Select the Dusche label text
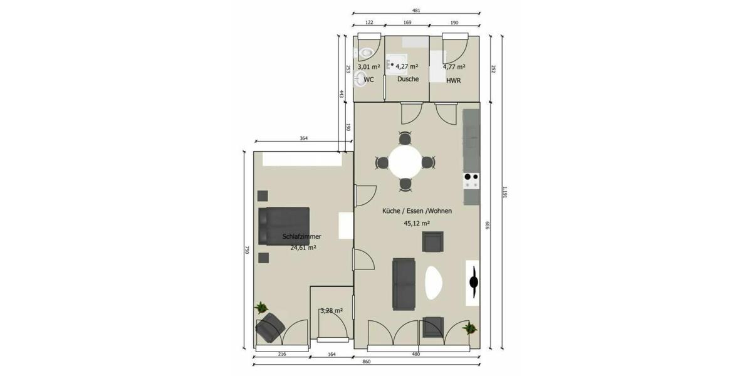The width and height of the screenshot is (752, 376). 408,80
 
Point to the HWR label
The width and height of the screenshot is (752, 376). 454,80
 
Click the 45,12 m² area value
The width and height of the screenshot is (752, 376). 417,222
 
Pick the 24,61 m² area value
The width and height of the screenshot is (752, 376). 303,248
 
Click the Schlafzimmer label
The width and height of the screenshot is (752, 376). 302,237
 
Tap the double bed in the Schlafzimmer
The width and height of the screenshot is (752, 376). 284,223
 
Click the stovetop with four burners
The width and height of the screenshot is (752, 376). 471,180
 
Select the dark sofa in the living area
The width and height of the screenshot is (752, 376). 404,283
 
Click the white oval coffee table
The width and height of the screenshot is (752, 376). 434,283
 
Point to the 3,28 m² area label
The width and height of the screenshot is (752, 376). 332,311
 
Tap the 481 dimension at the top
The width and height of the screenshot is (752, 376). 416,11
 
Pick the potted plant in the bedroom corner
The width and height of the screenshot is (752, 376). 261,308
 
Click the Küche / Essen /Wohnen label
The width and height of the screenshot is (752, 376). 417,211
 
